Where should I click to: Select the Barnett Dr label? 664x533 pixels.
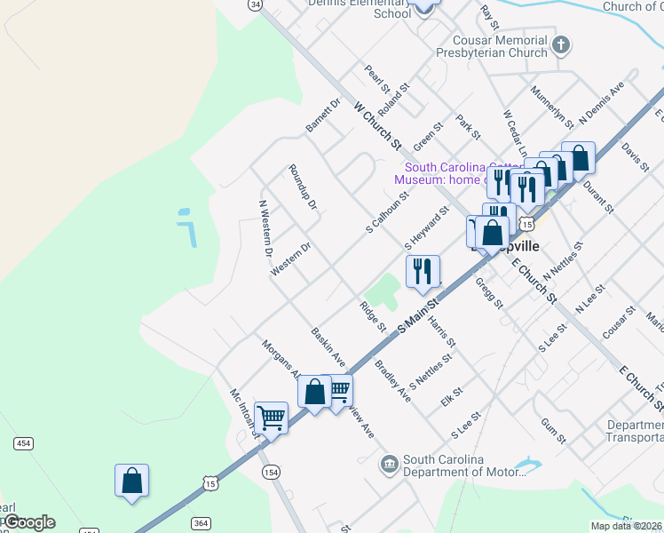323,115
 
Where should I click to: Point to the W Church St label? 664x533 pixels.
378,125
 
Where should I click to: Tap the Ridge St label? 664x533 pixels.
373,317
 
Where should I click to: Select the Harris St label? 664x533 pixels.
441,330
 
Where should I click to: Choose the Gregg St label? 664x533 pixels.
489,292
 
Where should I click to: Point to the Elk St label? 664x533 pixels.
452,397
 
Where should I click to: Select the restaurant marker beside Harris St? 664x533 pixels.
423,271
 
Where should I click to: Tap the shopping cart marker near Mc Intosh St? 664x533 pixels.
271,417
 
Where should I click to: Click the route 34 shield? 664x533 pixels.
256,4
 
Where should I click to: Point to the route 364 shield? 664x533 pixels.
202,523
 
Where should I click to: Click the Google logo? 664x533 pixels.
28,522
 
